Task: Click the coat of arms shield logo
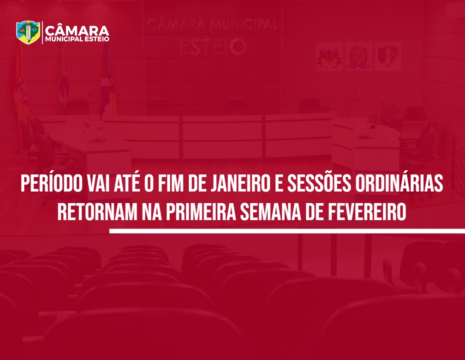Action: pos(28,32)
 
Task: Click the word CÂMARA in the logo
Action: pos(77,30)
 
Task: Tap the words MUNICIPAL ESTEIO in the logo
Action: pos(77,39)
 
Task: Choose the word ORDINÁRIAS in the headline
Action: pos(399,183)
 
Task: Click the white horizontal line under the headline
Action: pos(287,231)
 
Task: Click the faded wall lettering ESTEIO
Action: pos(212,47)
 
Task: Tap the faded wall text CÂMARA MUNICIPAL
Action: pos(212,24)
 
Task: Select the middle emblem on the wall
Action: pos(358,56)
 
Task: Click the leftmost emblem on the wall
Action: pos(329,56)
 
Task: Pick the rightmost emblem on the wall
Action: pos(388,56)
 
